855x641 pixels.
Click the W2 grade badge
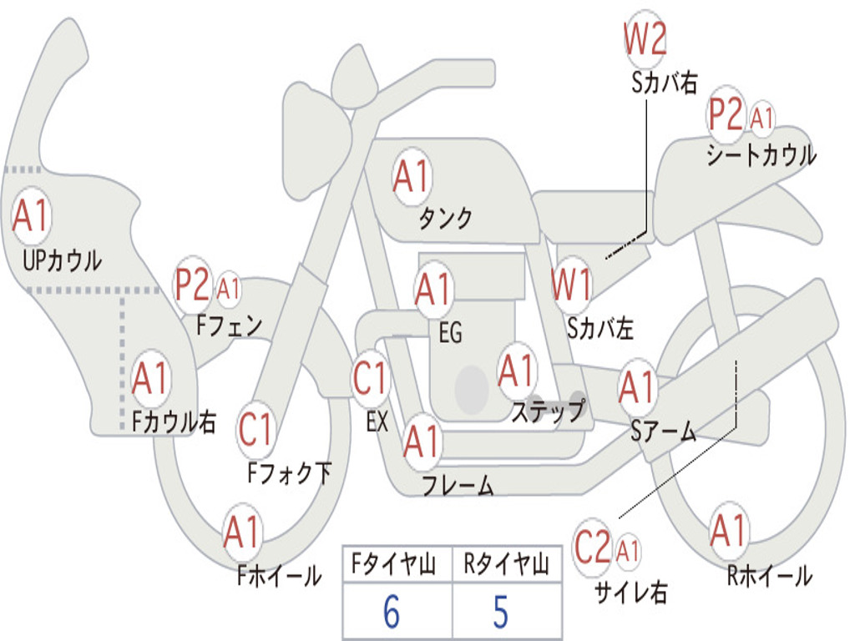645,38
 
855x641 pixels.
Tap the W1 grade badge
572,285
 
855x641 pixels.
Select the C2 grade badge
593,548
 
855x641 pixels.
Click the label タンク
445,219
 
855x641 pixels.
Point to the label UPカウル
62,260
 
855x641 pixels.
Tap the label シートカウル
761,155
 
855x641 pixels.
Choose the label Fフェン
230,325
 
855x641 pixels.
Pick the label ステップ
548,411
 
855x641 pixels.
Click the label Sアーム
663,431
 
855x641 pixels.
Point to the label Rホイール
769,575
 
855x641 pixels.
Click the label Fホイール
279,575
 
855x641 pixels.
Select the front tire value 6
391,613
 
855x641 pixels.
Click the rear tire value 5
500,613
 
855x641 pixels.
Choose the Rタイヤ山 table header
506,566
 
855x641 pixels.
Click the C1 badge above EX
370,379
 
